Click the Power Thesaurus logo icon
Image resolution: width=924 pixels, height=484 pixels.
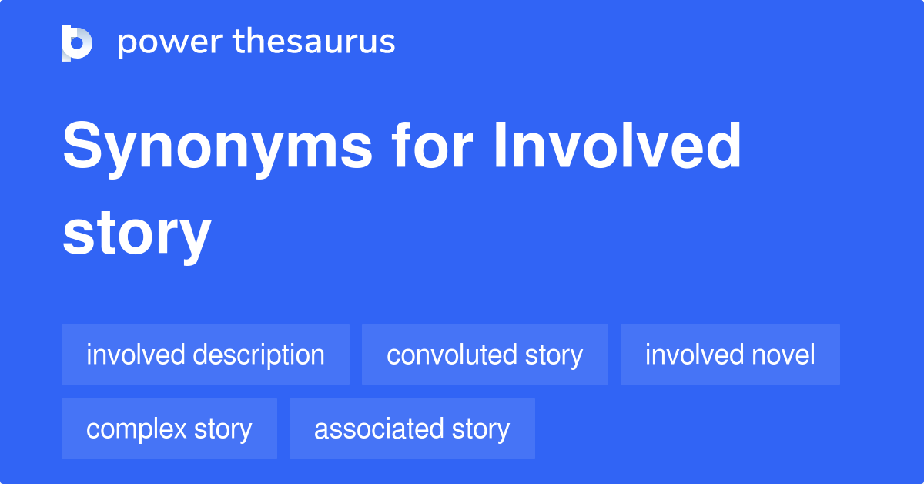[77, 42]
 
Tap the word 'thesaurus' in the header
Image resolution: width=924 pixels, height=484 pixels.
[314, 42]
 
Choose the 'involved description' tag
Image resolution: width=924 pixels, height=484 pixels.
[206, 355]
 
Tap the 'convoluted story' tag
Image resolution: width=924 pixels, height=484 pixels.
[485, 355]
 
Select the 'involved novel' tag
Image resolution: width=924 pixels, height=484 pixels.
[730, 355]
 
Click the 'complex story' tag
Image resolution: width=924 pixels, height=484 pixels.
[169, 429]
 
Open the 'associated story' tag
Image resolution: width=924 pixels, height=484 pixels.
[412, 429]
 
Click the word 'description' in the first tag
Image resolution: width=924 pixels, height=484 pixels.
[259, 355]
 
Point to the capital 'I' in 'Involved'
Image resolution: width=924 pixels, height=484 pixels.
[500, 146]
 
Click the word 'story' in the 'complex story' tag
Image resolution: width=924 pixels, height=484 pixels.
[224, 429]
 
